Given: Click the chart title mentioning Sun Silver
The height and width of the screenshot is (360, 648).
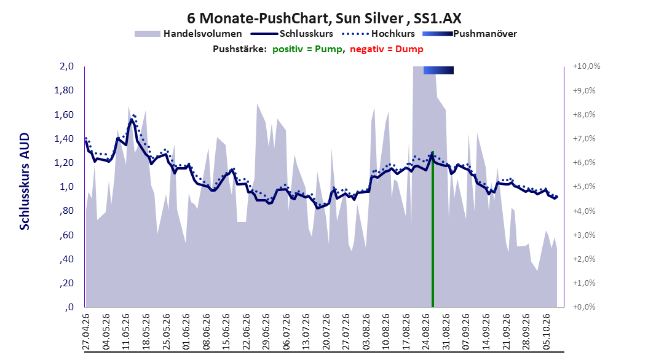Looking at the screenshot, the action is tap(324, 18).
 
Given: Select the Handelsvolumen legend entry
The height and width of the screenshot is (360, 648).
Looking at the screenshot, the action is tap(188, 34).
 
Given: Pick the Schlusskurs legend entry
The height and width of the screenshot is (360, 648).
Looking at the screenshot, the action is tap(291, 34).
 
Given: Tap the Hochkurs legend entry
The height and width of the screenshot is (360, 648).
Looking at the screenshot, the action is tap(378, 34).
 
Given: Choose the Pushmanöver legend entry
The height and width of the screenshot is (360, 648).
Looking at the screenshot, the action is tap(470, 34).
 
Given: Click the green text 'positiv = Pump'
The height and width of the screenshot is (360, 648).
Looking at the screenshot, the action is tap(307, 49).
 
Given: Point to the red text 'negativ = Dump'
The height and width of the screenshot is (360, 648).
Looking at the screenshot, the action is tap(387, 49).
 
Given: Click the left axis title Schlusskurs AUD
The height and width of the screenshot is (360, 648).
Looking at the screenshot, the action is tap(25, 181).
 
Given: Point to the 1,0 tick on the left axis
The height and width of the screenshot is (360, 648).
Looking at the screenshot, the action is tap(66, 187).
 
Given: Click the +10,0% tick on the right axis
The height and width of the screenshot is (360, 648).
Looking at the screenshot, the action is tap(586, 66).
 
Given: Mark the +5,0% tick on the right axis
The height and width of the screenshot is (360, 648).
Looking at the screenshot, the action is tap(584, 187).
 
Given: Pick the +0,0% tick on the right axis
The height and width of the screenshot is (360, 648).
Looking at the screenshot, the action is tap(584, 307).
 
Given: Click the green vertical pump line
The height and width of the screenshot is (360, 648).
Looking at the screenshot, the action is tap(433, 230).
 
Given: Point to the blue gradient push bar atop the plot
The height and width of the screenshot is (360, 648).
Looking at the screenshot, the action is tap(438, 70).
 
